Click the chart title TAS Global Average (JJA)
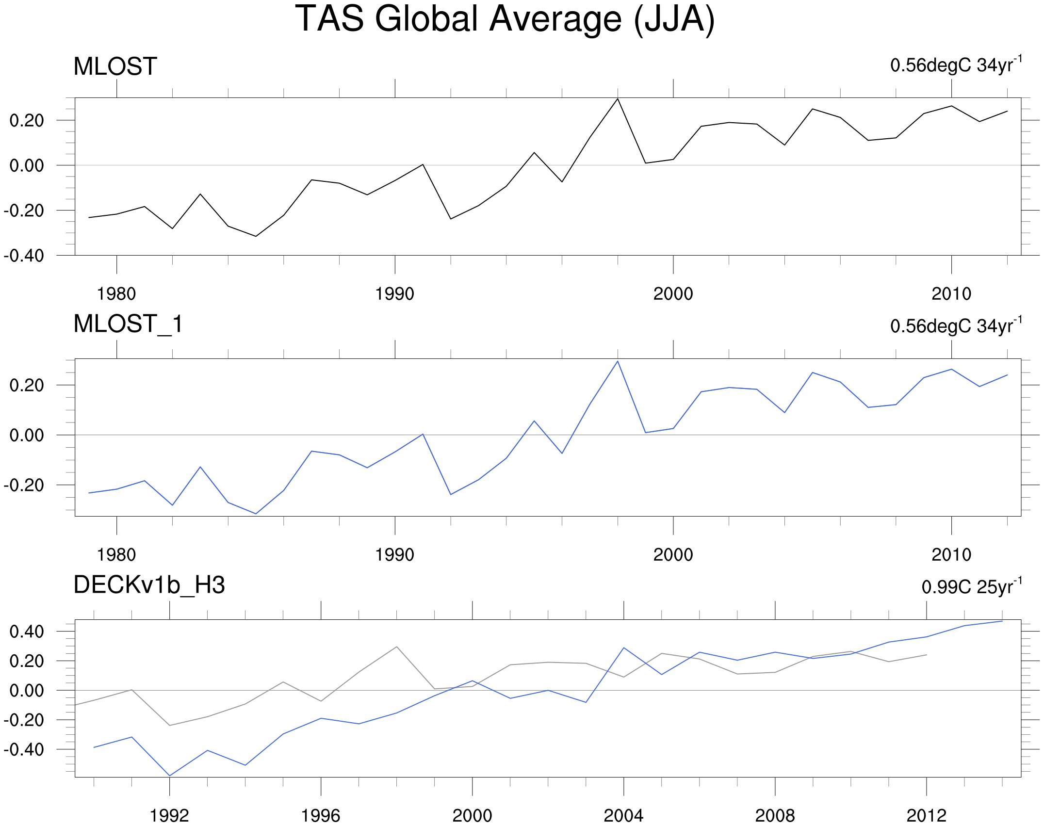click(505, 19)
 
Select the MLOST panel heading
click(115, 66)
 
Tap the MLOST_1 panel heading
click(129, 324)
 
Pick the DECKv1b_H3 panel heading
click(149, 585)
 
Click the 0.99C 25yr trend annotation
click(972, 586)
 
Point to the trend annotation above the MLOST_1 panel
click(956, 325)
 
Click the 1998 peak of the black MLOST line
click(617, 99)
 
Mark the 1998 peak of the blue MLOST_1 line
click(617, 361)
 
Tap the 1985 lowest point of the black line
click(256, 236)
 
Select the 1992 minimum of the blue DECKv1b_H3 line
click(169, 776)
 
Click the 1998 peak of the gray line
click(396, 647)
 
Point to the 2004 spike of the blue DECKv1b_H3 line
click(623, 648)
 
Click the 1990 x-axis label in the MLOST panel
click(395, 294)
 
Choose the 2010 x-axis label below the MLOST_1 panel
click(951, 555)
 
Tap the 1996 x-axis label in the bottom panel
click(321, 816)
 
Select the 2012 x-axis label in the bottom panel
click(927, 816)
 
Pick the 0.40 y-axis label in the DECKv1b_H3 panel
click(27, 632)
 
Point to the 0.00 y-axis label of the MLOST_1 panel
click(27, 435)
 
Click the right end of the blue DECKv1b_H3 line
click(1002, 621)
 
